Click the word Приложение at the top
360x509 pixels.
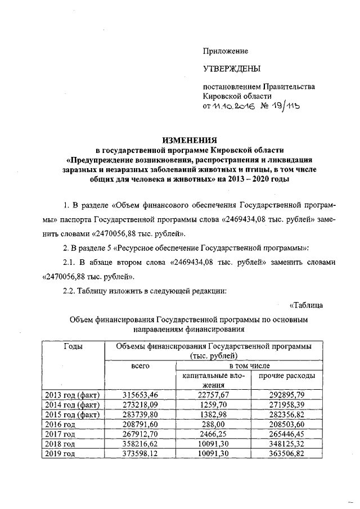click(226, 51)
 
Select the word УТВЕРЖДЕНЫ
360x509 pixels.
click(232, 69)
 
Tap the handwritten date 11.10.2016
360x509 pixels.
click(233, 106)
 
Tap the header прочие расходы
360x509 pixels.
click(287, 375)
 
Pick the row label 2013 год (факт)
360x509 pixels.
click(73, 395)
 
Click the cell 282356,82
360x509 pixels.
click(286, 415)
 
